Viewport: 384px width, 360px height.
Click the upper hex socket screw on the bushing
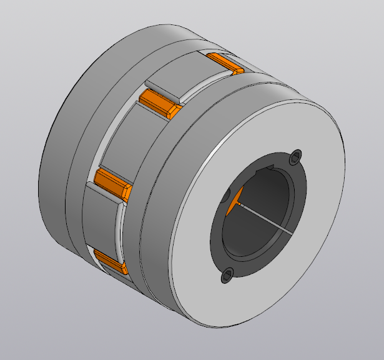pyautogui.click(x=295, y=157)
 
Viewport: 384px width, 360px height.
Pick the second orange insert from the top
pyautogui.click(x=158, y=103)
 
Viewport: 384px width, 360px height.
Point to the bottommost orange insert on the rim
pyautogui.click(x=111, y=262)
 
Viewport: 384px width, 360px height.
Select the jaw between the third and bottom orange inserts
pyautogui.click(x=100, y=222)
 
